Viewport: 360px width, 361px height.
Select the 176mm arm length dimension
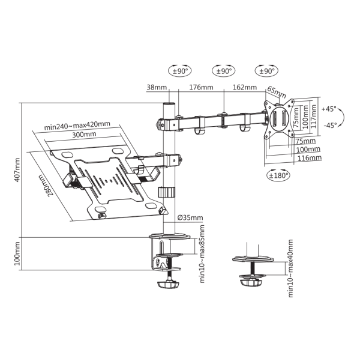coord(198,88)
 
